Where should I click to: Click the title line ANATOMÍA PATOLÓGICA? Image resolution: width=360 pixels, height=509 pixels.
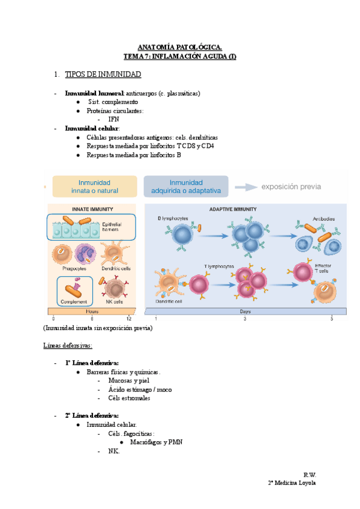[180, 47]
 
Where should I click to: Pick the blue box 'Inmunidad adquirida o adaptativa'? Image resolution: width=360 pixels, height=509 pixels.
[186, 187]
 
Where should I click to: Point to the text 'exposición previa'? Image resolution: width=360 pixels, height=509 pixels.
[290, 187]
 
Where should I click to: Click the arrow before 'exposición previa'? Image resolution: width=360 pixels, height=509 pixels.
[244, 187]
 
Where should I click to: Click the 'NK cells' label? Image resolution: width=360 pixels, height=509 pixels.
[115, 301]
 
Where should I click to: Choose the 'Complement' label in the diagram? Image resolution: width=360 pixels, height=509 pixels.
[74, 301]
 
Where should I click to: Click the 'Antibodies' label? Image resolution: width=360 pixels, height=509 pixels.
[323, 218]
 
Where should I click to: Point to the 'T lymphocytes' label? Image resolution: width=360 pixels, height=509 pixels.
[220, 265]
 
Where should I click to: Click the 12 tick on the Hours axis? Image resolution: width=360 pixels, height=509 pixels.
[128, 319]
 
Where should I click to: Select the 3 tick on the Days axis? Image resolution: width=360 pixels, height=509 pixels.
[245, 319]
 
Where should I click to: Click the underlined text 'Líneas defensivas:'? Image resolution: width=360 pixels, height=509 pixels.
[68, 346]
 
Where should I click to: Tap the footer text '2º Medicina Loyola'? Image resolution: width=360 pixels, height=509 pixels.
[292, 483]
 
